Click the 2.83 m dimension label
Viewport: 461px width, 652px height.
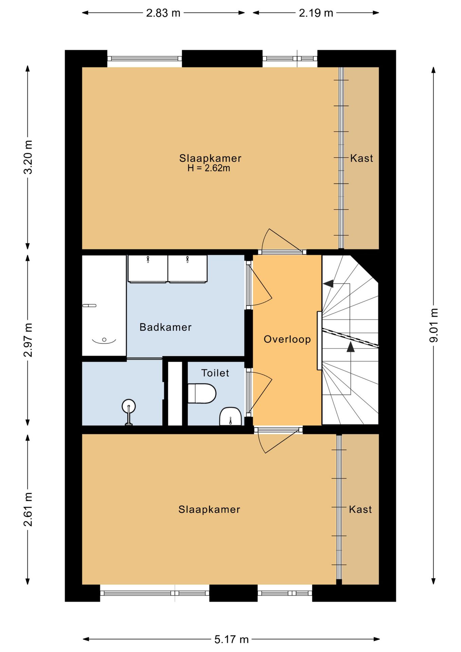click(x=163, y=13)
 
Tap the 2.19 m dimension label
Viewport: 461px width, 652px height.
click(x=316, y=13)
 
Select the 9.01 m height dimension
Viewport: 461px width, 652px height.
click(x=434, y=325)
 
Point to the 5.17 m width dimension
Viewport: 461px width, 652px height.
click(x=231, y=639)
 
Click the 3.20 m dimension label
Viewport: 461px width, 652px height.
click(x=28, y=157)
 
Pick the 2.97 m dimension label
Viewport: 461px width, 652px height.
click(x=28, y=340)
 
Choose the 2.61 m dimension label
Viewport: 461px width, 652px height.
click(x=28, y=509)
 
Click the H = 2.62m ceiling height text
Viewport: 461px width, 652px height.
click(x=209, y=168)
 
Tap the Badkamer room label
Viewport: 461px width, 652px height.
click(x=166, y=327)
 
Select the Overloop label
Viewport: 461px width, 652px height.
click(x=287, y=339)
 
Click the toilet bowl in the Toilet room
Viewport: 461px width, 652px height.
click(x=202, y=394)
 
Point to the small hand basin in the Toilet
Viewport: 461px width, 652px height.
click(x=230, y=416)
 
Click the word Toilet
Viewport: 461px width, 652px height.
click(x=215, y=373)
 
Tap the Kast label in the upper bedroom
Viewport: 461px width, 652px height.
click(x=362, y=158)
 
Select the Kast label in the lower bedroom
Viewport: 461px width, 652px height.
click(x=361, y=509)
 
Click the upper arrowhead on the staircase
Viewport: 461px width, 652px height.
click(x=328, y=284)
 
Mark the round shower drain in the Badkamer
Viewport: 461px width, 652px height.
click(x=104, y=340)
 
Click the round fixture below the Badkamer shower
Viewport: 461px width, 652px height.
click(x=129, y=406)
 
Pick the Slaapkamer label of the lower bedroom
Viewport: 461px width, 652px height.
click(x=209, y=509)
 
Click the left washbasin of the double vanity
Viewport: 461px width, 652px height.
click(x=148, y=269)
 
